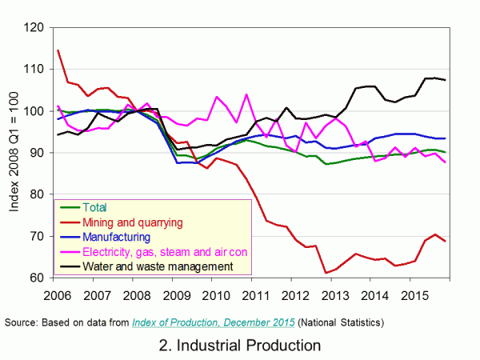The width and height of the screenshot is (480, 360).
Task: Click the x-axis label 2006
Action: coord(54,295)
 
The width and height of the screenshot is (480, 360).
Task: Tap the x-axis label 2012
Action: coord(308,295)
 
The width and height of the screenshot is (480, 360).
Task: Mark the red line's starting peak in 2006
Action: coord(58,50)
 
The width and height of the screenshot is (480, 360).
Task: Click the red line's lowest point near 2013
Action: coord(326,273)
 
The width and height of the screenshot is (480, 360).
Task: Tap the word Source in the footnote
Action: coord(22,322)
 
